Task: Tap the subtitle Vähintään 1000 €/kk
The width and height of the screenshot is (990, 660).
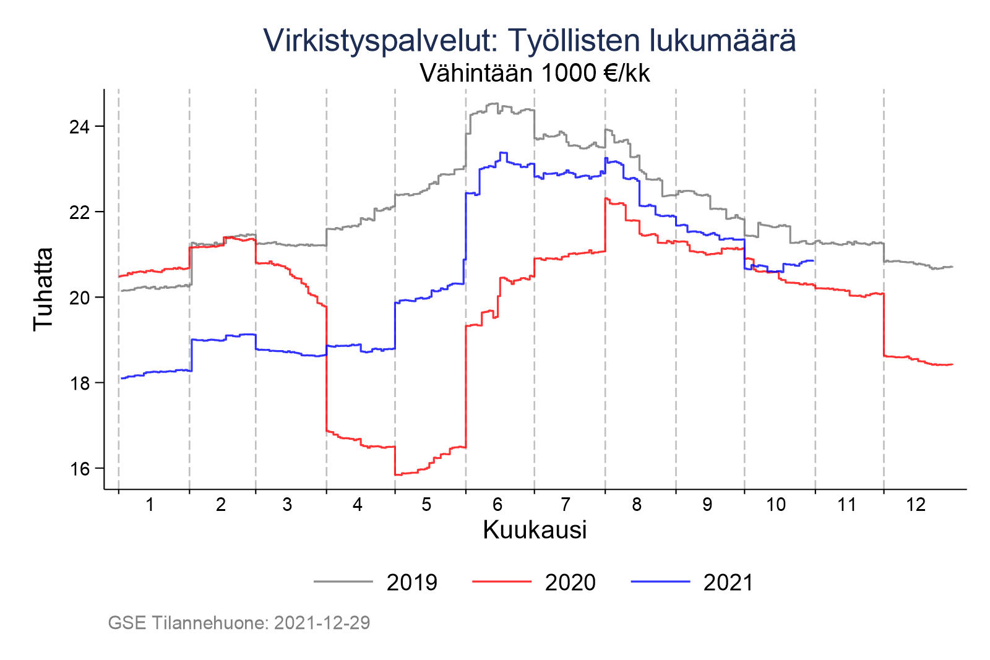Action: pos(535,73)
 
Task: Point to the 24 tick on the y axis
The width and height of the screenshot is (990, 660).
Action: pos(79,127)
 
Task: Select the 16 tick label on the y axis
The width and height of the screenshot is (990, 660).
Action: pos(79,469)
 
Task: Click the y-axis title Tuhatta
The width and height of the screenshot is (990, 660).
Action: pos(43,289)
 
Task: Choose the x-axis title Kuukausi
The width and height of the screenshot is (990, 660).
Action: pos(535,530)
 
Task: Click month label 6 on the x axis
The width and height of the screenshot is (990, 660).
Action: pos(497,505)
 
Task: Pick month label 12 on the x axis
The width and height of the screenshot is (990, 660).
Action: pos(916,505)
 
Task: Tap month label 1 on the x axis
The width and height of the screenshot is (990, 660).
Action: pos(150,505)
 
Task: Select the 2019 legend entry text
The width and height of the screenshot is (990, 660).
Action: pos(412,583)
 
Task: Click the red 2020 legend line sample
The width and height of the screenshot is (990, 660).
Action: pos(502,581)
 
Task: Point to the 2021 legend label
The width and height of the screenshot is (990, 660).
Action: pos(728,583)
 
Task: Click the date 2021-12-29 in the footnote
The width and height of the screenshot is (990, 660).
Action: pos(322,623)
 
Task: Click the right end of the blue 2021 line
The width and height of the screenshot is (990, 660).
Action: pos(813,260)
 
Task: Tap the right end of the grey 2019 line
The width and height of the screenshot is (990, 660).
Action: pos(952,267)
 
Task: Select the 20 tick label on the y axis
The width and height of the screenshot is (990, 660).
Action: pos(79,298)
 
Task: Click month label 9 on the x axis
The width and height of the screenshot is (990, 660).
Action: pos(707,505)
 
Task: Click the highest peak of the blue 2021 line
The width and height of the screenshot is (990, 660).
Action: pos(503,153)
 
